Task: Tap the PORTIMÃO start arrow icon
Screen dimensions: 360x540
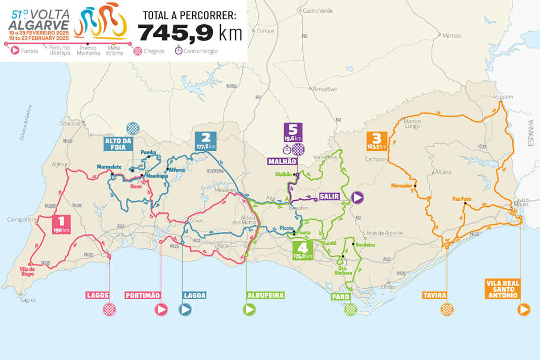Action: pos(161,309)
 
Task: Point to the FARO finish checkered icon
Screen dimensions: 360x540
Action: pos(350,309)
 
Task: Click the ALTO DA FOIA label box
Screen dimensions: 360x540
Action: pos(118,143)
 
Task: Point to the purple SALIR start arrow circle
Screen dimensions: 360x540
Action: pos(357,198)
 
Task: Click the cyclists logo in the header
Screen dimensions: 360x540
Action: pos(100,21)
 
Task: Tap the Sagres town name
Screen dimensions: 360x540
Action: pos(28,300)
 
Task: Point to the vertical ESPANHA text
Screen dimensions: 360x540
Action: pos(530,133)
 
